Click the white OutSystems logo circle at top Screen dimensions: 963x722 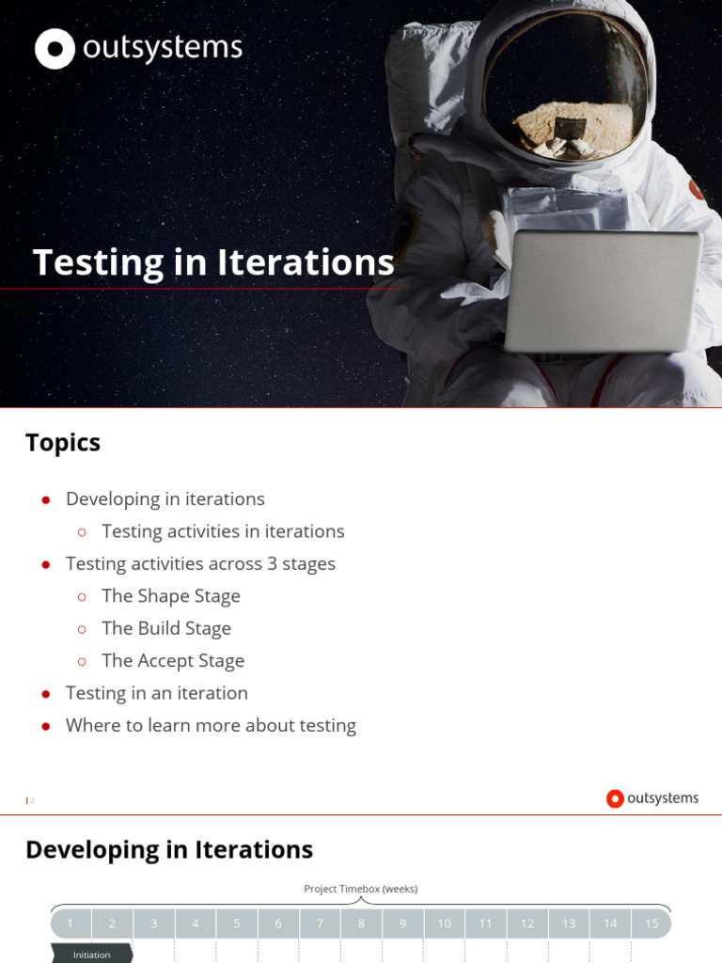(x=55, y=49)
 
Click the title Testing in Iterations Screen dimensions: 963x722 (x=213, y=262)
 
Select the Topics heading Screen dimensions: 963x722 (x=63, y=443)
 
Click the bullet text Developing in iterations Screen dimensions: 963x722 (x=165, y=498)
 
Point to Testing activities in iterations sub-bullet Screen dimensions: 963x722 (x=223, y=531)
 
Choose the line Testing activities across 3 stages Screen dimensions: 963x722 (x=200, y=563)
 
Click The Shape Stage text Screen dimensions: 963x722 (x=171, y=596)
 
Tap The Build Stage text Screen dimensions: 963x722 (x=166, y=628)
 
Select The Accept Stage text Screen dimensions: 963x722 (x=173, y=660)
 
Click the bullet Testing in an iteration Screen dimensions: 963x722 (x=157, y=693)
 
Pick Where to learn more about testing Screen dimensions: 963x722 (x=211, y=725)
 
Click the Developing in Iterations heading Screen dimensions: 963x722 (x=169, y=849)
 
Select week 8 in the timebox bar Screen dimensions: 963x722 (x=361, y=924)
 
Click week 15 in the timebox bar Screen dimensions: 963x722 (x=651, y=924)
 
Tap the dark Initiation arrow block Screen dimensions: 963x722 (x=92, y=955)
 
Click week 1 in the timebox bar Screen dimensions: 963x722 (x=71, y=924)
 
